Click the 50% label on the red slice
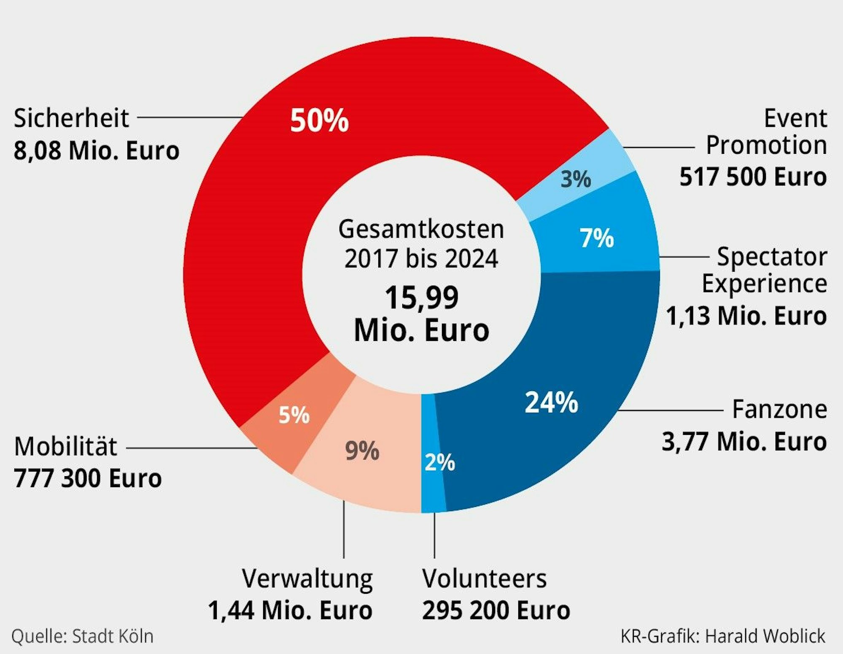pyautogui.click(x=319, y=121)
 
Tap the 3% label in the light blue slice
pyautogui.click(x=576, y=179)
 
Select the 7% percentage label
pyautogui.click(x=596, y=238)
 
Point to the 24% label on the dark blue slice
pyautogui.click(x=551, y=402)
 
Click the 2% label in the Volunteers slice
pyautogui.click(x=440, y=462)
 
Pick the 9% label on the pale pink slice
pyautogui.click(x=362, y=451)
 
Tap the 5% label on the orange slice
pyautogui.click(x=294, y=415)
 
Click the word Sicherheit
pyautogui.click(x=71, y=118)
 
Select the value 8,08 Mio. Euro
pyautogui.click(x=97, y=150)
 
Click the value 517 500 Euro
pyautogui.click(x=753, y=177)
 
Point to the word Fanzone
pyautogui.click(x=779, y=409)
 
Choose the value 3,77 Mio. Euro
pyautogui.click(x=744, y=442)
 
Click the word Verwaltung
pyautogui.click(x=307, y=579)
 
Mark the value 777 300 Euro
pyautogui.click(x=88, y=478)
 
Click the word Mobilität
pyautogui.click(x=65, y=447)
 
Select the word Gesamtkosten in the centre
pyautogui.click(x=421, y=230)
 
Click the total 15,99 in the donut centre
pyautogui.click(x=421, y=298)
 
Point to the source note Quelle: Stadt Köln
pyautogui.click(x=82, y=636)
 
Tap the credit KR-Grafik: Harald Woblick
pyautogui.click(x=723, y=636)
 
